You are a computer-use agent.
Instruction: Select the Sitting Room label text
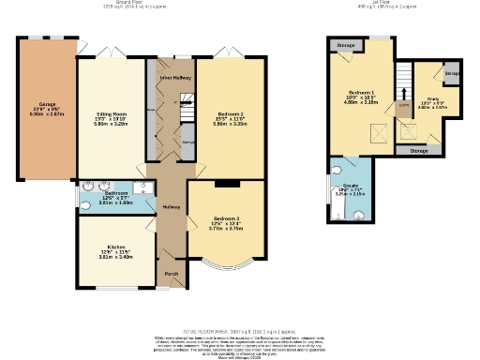(111, 89)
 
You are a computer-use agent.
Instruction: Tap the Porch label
(172, 274)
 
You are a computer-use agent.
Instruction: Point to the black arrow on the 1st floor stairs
(404, 93)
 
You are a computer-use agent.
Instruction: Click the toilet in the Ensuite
(337, 172)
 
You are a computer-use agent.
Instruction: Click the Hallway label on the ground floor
(172, 206)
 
